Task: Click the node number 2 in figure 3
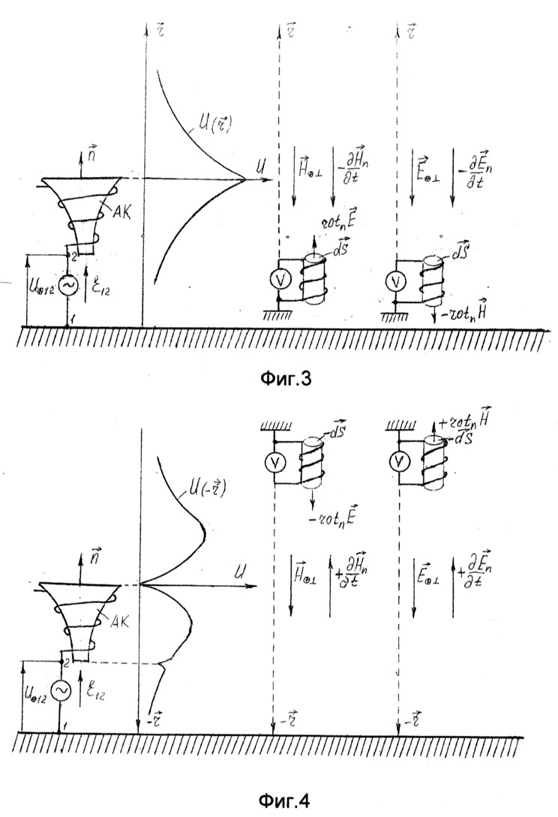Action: [x=73, y=255]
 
